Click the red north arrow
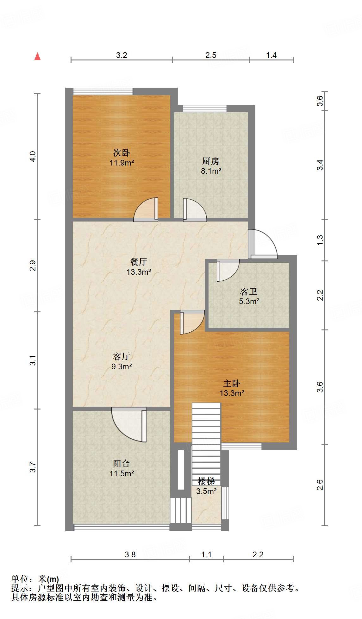click(x=38, y=56)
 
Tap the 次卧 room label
click(x=122, y=153)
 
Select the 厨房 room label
click(x=211, y=161)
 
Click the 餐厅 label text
click(x=139, y=262)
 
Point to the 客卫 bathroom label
click(x=249, y=291)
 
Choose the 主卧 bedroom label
click(x=232, y=384)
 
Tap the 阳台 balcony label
click(x=122, y=464)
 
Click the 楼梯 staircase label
click(x=206, y=481)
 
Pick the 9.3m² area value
click(x=122, y=366)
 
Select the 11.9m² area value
click(x=122, y=163)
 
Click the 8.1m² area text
click(x=211, y=171)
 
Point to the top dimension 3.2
click(x=122, y=55)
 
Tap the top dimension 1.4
click(x=271, y=55)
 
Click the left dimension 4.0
click(x=33, y=157)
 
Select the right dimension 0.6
click(x=320, y=101)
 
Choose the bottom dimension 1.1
click(x=206, y=554)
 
